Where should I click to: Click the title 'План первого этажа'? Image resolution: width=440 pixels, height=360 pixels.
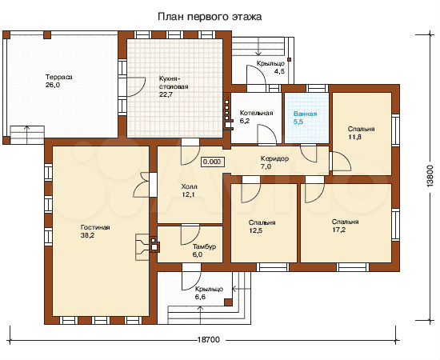[x=210, y=17]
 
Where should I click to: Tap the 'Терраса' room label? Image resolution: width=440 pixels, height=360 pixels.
[x=59, y=77]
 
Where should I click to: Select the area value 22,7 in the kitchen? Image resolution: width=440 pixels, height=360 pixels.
[x=166, y=94]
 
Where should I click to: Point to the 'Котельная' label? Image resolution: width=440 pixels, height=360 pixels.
[x=256, y=113]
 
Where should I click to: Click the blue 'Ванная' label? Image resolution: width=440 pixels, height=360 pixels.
[x=306, y=114]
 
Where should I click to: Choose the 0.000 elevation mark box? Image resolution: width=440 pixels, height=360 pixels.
[x=212, y=162]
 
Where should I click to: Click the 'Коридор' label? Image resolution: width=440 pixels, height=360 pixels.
[x=274, y=158]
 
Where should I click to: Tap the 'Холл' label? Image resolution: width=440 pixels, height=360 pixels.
[x=189, y=186]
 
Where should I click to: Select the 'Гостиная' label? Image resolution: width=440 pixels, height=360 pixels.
[x=95, y=227]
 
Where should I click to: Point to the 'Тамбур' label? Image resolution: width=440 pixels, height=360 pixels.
[x=204, y=246]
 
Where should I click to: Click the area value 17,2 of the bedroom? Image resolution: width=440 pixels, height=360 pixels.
[x=338, y=230]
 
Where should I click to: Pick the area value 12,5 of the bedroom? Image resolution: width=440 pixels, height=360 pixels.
[x=256, y=230]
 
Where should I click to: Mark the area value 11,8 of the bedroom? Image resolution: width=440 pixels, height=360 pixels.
[x=354, y=138]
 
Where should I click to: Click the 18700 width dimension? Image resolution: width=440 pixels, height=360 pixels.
[x=209, y=339]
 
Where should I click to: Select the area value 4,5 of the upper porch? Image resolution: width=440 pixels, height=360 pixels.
[x=279, y=71]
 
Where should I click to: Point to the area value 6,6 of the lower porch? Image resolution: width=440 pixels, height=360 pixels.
[x=201, y=297]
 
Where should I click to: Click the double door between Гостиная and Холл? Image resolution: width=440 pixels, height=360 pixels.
[x=145, y=185]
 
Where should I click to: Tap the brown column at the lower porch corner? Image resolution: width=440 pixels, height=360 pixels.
[x=228, y=302]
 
